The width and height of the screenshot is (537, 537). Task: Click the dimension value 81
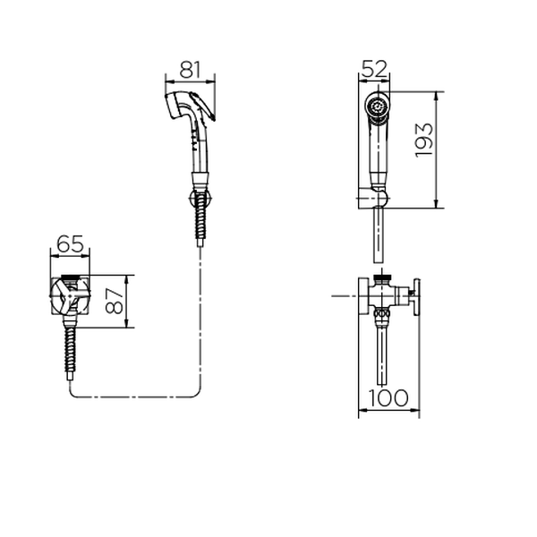pos(190,70)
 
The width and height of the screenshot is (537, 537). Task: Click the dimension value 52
pos(374,69)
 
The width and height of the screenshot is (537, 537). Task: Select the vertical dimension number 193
pos(423,141)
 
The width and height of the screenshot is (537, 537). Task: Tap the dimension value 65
pos(70,244)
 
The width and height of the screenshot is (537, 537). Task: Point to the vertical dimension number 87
pos(115,301)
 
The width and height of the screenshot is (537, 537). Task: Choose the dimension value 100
pos(388,397)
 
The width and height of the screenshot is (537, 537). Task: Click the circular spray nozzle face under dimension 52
pos(377,106)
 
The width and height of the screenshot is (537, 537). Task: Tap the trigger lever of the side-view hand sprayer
pos(203,106)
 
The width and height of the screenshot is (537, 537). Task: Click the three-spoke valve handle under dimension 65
pos(70,296)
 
